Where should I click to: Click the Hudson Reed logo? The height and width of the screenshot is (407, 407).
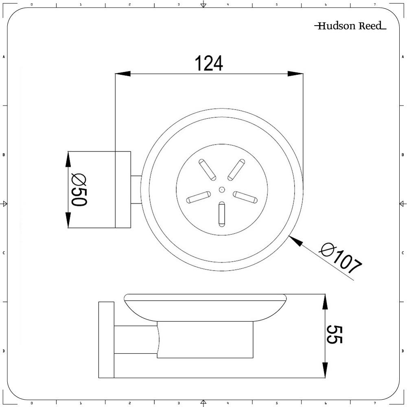[350, 26]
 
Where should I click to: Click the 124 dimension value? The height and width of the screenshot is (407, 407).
[209, 63]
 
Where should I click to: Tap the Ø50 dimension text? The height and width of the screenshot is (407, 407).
[79, 190]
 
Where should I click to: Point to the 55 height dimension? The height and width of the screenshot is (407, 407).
[335, 335]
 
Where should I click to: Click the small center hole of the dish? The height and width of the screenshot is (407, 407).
[222, 190]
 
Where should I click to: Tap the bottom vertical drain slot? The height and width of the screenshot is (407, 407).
[222, 214]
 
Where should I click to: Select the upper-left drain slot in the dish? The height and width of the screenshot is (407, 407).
[208, 170]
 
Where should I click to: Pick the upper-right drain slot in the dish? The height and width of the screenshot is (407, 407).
[236, 170]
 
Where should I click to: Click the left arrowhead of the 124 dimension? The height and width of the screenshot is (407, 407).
[123, 74]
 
